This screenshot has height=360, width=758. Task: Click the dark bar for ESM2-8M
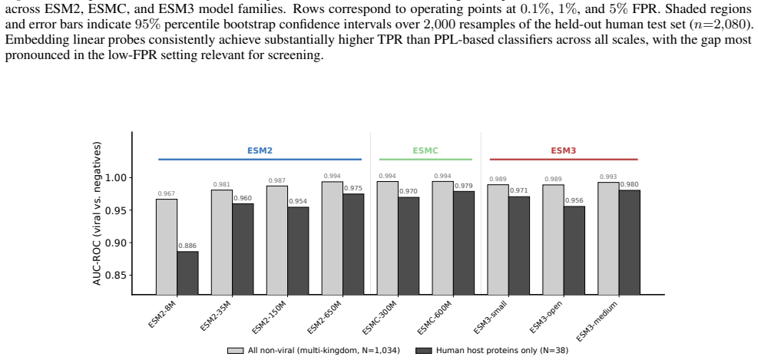point(187,273)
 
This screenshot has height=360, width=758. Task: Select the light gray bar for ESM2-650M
point(332,238)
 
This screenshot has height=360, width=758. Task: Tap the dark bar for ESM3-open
point(574,250)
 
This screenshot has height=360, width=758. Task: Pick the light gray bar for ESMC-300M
point(388,238)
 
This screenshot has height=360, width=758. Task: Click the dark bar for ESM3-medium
point(630,243)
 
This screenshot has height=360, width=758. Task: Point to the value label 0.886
point(187,246)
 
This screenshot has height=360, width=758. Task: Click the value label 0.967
point(167,193)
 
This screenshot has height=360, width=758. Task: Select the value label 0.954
point(298,202)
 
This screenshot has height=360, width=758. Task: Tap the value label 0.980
point(630,184)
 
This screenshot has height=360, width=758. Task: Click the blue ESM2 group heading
point(260,150)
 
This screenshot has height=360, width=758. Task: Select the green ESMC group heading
point(425,150)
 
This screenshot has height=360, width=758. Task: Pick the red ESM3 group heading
point(564,150)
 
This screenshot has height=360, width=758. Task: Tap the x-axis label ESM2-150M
point(267,316)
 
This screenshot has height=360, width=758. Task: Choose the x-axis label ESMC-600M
point(435,317)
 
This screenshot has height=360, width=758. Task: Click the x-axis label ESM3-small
point(490,316)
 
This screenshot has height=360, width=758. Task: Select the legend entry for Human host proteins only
point(492,351)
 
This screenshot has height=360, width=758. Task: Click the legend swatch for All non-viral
point(236,351)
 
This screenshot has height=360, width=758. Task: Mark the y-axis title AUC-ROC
point(98,213)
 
